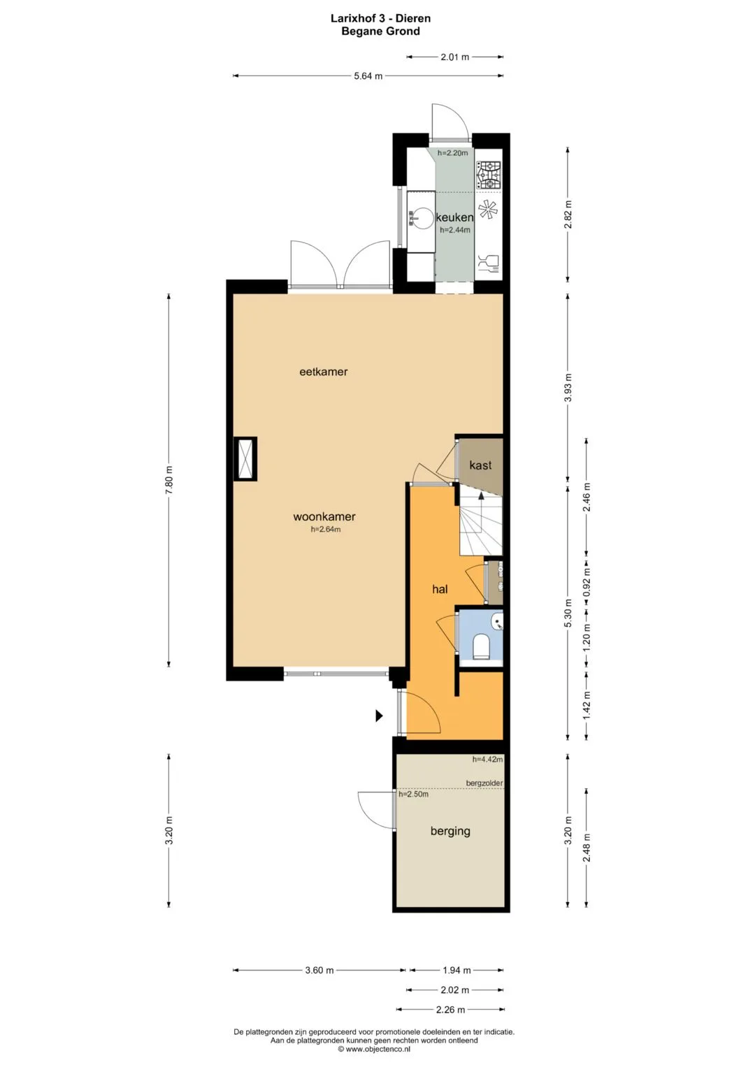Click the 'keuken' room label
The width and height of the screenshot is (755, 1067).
454,218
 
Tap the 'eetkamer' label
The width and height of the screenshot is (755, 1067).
323,372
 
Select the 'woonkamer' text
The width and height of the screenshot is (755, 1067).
324,516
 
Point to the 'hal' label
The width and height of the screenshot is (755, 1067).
440,589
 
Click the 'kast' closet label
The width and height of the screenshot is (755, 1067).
480,465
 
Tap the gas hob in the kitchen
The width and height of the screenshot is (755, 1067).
489,175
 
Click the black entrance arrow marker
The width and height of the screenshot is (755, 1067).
379,716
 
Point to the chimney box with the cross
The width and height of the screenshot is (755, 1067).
245,459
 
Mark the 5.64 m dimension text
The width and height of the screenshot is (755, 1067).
368,75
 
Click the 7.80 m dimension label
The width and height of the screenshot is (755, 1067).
169,479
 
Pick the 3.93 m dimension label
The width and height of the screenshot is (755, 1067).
568,389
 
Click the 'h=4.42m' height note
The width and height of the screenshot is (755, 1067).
487,760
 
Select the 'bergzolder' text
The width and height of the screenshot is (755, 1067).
484,783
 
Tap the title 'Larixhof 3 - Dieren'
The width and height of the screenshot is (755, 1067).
381,19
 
